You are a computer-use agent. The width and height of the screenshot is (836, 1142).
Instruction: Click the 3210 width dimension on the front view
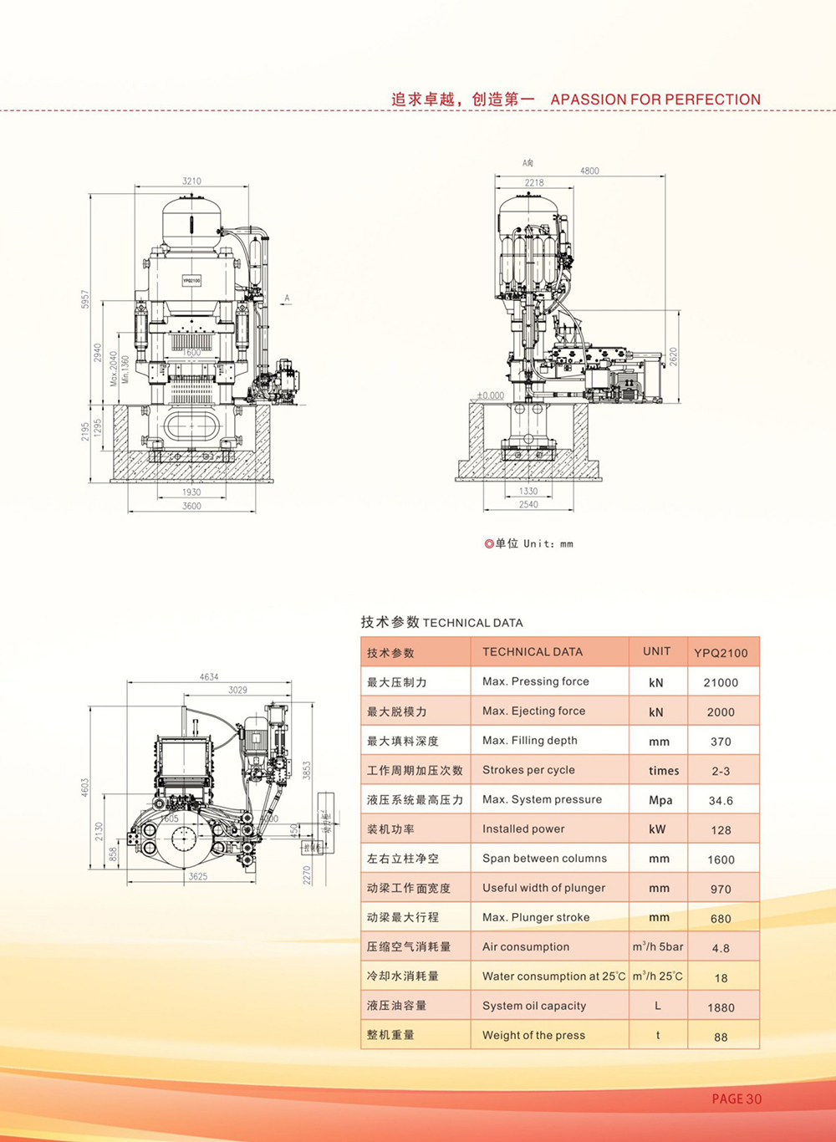pyautogui.click(x=191, y=181)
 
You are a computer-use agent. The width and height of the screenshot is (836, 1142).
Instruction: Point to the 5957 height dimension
pyautogui.click(x=85, y=299)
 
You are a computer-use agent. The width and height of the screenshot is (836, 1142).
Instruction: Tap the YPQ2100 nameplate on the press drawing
pyautogui.click(x=191, y=281)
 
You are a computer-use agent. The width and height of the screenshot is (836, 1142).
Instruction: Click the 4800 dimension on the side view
pyautogui.click(x=589, y=171)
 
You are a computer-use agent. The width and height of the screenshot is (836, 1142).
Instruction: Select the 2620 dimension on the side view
pyautogui.click(x=674, y=357)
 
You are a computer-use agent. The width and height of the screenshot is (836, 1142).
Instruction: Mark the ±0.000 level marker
pyautogui.click(x=491, y=395)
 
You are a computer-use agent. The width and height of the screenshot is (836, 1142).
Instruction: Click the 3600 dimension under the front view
pyautogui.click(x=191, y=506)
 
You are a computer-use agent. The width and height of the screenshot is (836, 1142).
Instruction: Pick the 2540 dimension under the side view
pyautogui.click(x=528, y=504)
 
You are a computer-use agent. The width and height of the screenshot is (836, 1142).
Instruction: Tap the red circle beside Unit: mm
pyautogui.click(x=489, y=543)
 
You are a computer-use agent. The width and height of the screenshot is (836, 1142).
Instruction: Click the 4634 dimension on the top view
pyautogui.click(x=209, y=677)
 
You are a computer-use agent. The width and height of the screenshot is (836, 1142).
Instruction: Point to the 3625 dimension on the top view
pyautogui.click(x=198, y=876)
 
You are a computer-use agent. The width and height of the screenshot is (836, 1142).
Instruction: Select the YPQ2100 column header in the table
pyautogui.click(x=721, y=653)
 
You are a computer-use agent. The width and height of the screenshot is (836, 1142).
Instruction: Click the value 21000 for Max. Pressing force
pyautogui.click(x=721, y=682)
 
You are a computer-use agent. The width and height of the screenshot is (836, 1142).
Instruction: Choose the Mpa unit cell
pyautogui.click(x=660, y=800)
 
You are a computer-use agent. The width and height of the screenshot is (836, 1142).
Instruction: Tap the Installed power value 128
pyautogui.click(x=721, y=830)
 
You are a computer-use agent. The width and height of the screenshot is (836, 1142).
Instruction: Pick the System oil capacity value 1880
pyautogui.click(x=721, y=1007)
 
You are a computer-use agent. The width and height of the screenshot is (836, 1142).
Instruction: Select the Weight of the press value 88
pyautogui.click(x=721, y=1037)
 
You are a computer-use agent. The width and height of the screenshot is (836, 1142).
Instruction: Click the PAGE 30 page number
pyautogui.click(x=737, y=1099)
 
